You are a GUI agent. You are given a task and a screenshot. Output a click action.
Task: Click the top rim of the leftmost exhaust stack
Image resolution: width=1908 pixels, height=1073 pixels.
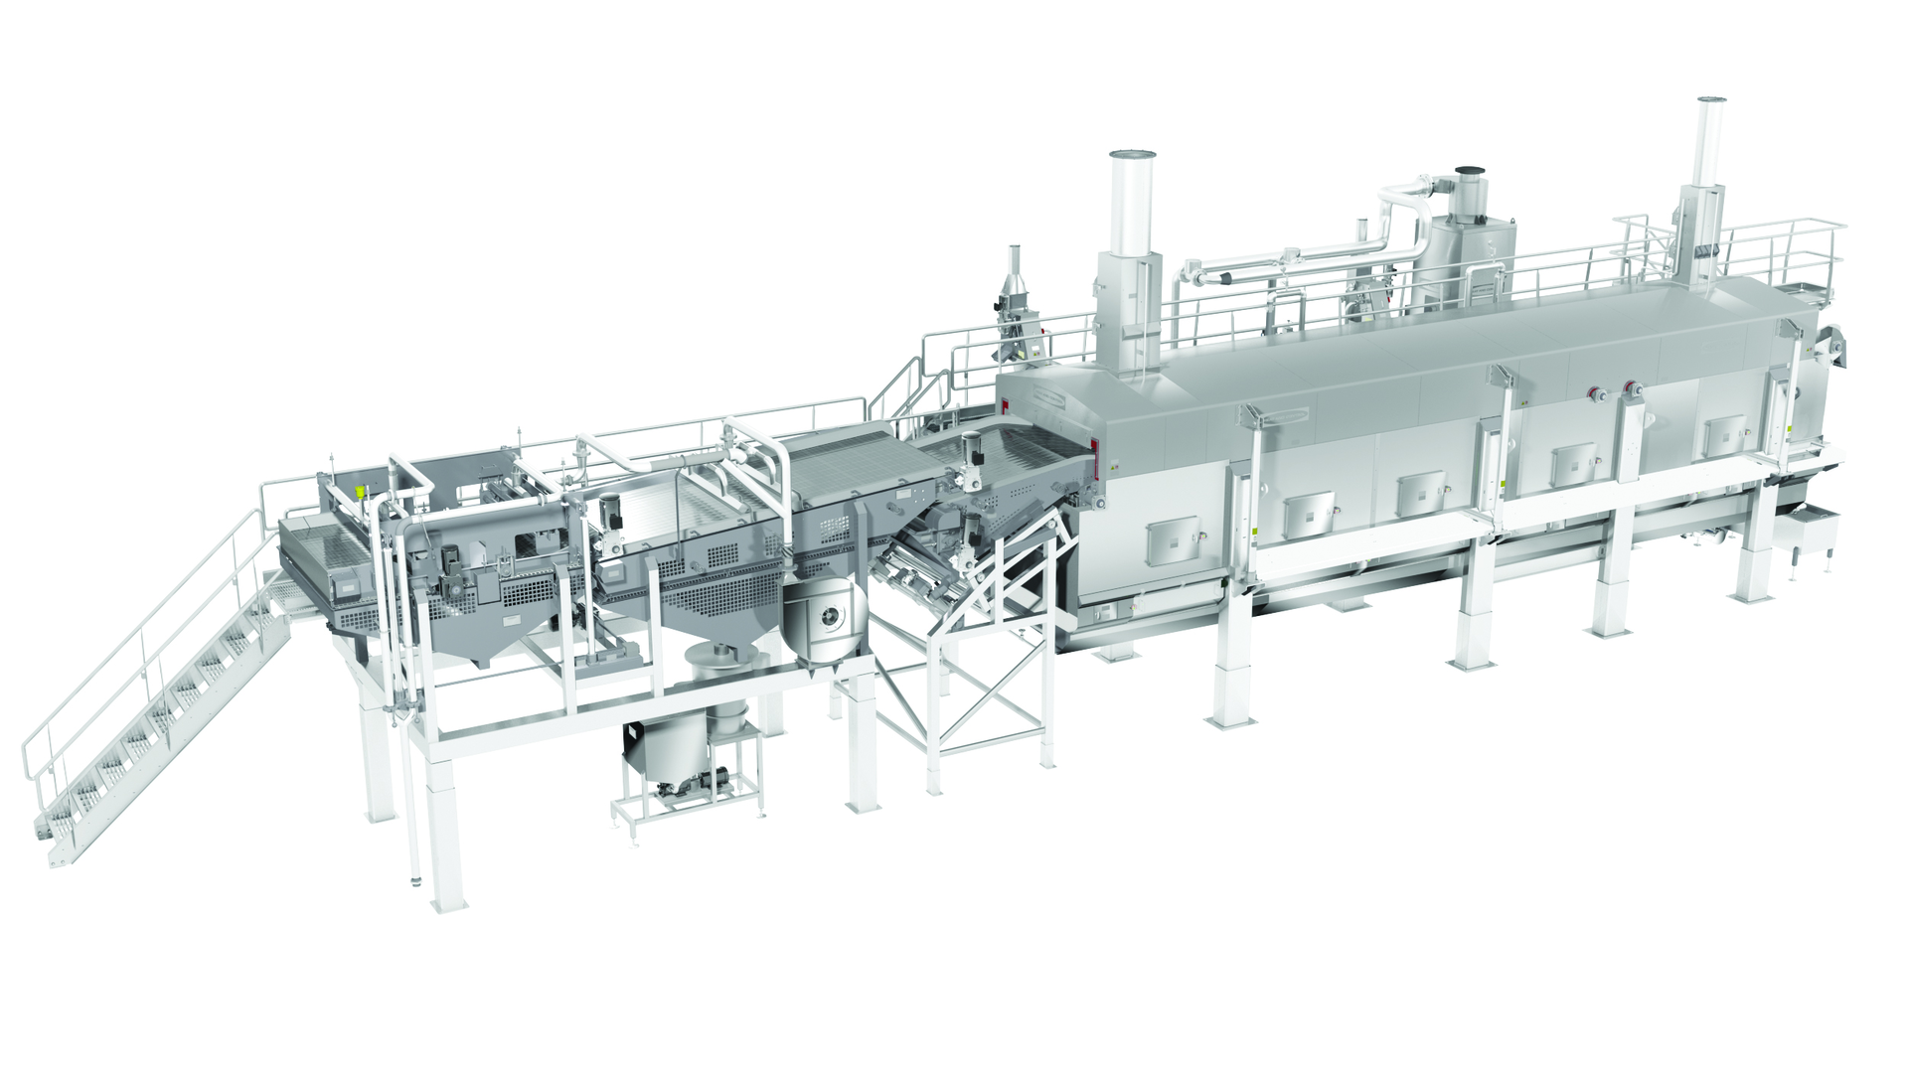[x=1133, y=156]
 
